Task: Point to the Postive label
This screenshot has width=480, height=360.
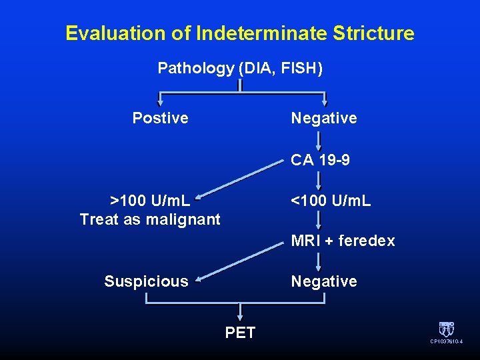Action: [160, 119]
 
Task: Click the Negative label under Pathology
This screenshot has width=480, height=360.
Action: [324, 119]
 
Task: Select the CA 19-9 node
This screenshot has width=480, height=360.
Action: [320, 161]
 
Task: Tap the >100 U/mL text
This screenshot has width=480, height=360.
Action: [150, 201]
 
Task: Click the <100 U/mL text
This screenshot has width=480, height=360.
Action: [331, 201]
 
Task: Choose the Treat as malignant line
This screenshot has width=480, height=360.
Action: [150, 219]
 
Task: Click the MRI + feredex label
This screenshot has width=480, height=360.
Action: [343, 241]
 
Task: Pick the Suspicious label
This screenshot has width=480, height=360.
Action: [146, 281]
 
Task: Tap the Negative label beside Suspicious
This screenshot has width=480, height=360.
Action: [324, 281]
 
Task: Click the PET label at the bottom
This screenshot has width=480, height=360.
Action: [240, 333]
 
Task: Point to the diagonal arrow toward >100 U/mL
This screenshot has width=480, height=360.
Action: [240, 180]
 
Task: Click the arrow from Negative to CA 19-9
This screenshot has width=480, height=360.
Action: [319, 140]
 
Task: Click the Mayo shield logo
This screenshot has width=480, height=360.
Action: [446, 329]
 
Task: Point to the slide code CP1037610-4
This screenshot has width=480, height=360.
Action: [446, 342]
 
